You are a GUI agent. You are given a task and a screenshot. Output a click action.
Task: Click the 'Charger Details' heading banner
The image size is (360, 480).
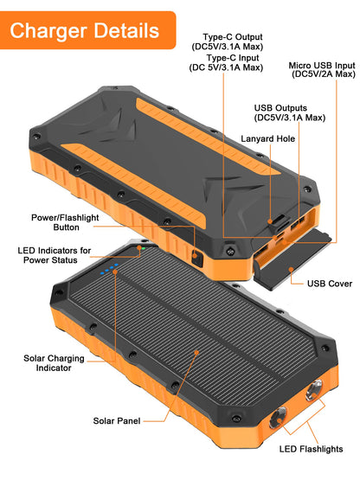click(x=85, y=31)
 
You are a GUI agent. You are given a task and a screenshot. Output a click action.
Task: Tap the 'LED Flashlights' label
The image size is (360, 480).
click(x=312, y=449)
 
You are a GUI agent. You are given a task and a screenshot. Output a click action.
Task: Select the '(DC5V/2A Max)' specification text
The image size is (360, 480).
click(x=323, y=75)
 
